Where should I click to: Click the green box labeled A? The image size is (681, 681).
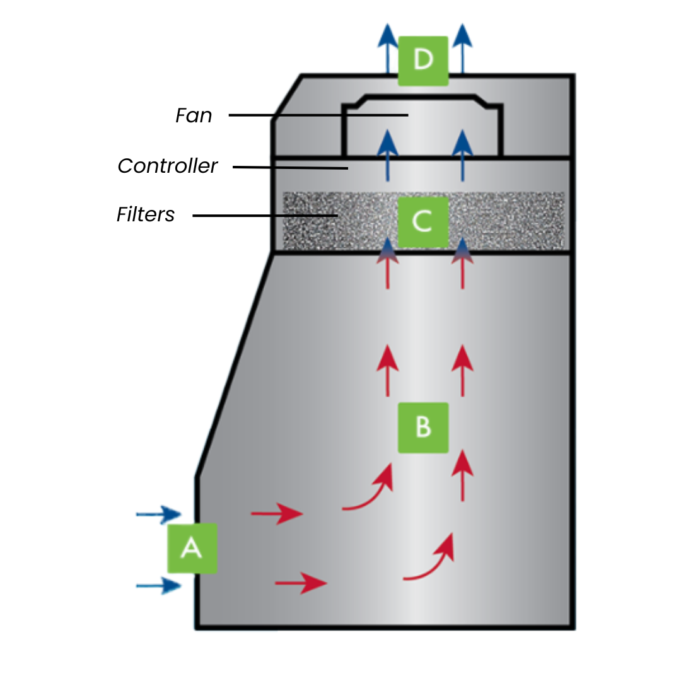(192, 548)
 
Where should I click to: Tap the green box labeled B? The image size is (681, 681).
(423, 428)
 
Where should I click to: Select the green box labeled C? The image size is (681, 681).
(423, 222)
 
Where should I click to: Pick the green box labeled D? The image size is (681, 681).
(423, 61)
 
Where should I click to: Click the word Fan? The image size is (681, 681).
(194, 116)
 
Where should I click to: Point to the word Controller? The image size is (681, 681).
(168, 166)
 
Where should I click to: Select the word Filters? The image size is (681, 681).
(146, 215)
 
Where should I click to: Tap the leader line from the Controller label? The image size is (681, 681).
(290, 168)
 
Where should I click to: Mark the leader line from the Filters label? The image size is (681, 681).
(265, 216)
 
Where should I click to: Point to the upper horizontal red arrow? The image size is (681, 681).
(277, 514)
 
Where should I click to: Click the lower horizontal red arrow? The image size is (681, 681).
(301, 583)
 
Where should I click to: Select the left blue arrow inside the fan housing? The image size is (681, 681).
(387, 154)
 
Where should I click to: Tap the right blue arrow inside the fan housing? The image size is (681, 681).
(463, 154)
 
